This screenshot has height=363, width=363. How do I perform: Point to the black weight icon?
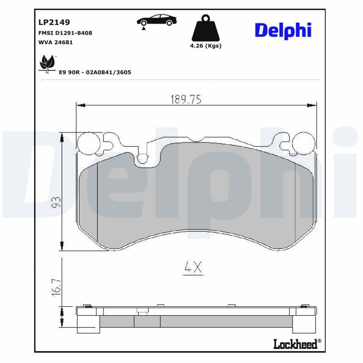(206, 29)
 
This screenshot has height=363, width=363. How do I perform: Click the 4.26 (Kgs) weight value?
(206, 46)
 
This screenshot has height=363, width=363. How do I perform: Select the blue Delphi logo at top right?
(283, 30)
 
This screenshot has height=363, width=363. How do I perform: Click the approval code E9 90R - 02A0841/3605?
(95, 72)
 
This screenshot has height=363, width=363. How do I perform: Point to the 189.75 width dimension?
(186, 99)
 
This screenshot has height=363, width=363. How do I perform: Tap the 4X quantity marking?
(192, 268)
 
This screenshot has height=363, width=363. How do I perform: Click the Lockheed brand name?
(295, 344)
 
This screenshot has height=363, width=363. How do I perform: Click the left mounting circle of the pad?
(88, 142)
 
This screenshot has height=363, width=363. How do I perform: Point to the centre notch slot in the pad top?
(142, 158)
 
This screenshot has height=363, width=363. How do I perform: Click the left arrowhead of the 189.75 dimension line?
(80, 105)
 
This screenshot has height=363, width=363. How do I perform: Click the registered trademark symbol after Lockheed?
(319, 341)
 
